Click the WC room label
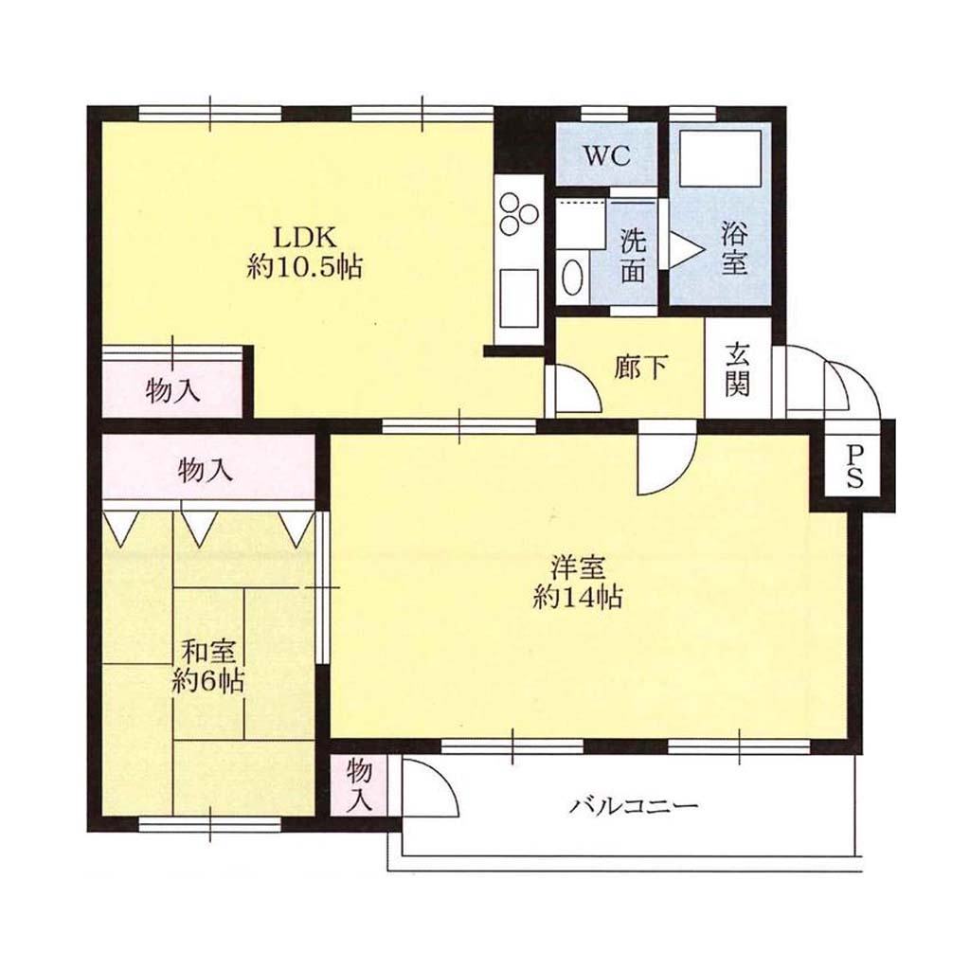point(607,155)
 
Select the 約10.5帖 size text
point(304,267)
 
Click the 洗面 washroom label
point(633,255)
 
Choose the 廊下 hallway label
point(641,368)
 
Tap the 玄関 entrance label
point(737,369)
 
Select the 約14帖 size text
point(577,597)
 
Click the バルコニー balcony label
point(635,805)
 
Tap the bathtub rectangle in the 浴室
point(720,158)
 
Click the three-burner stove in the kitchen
point(519,213)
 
